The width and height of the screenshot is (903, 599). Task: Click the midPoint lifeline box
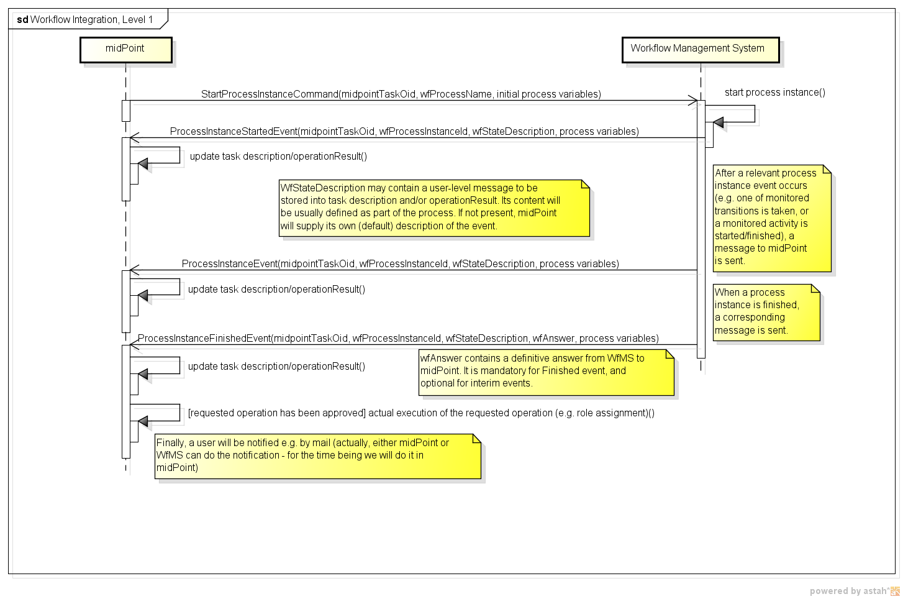(x=125, y=49)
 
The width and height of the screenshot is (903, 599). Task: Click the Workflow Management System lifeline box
(x=700, y=49)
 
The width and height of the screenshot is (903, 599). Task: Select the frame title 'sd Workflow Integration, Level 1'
(x=85, y=20)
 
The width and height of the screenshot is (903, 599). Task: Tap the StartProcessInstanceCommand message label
(x=401, y=94)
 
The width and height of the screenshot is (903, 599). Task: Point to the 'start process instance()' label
(x=774, y=93)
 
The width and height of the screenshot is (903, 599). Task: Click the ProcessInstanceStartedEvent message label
(x=404, y=132)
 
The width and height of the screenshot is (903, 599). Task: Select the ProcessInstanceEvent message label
(x=400, y=264)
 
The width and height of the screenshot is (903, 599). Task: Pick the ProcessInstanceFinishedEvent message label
(x=397, y=339)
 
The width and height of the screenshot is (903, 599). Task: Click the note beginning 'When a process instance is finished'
(x=766, y=312)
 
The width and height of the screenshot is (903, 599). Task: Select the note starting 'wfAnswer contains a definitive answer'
(x=545, y=372)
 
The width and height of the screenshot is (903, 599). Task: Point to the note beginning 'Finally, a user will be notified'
(x=317, y=456)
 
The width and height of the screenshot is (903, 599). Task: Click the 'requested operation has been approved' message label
(x=420, y=413)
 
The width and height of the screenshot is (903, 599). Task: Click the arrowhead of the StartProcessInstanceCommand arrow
(x=693, y=101)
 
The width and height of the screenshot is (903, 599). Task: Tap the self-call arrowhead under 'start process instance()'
(x=719, y=122)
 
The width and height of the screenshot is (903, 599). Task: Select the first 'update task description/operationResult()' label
(x=278, y=157)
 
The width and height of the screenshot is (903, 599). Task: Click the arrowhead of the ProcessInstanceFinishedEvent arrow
(x=134, y=345)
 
